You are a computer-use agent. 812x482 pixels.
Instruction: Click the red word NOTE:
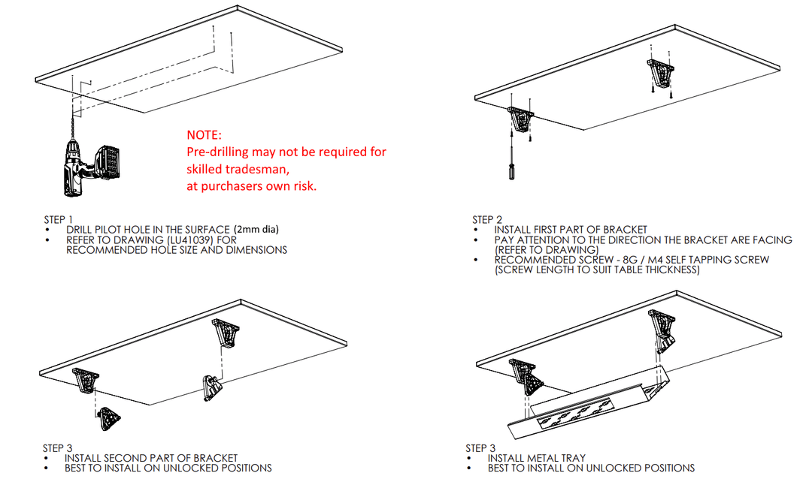point(205,135)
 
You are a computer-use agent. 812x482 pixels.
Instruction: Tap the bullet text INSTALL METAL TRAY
point(536,458)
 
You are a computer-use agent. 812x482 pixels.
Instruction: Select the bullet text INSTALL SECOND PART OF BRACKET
point(151,458)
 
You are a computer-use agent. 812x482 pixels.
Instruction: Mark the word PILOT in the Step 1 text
point(110,229)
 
